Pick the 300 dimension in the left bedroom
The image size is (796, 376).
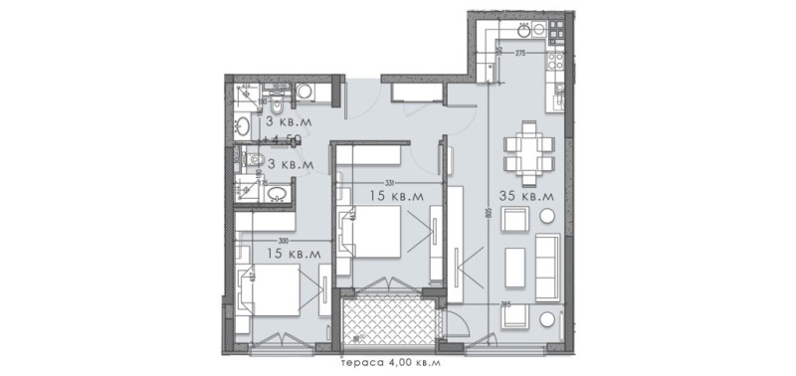coord(284,240)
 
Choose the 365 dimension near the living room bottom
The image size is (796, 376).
coord(505,303)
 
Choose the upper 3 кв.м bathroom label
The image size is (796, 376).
coord(288,120)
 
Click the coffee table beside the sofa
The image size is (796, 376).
coord(513,264)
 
